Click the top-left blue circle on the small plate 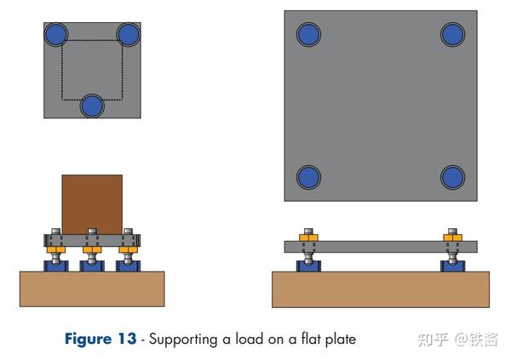(x=56, y=34)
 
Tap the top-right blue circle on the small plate (x=129, y=34)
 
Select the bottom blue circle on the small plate (x=92, y=106)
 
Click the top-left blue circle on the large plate (x=308, y=34)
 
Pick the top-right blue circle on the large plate (x=453, y=34)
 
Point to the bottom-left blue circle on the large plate (x=308, y=178)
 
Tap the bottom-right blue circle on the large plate (x=453, y=178)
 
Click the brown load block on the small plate (x=92, y=204)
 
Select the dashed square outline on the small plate (x=61, y=70)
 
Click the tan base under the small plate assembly (x=92, y=289)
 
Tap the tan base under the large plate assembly (x=381, y=289)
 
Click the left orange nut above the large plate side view (x=308, y=237)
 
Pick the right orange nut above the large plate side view (x=453, y=237)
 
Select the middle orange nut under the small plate (x=92, y=250)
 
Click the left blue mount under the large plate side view (x=308, y=266)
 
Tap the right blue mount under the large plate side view (x=453, y=266)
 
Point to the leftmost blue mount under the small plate (x=56, y=266)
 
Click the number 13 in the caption (x=127, y=339)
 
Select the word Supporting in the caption (x=183, y=340)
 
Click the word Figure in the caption (x=89, y=340)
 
